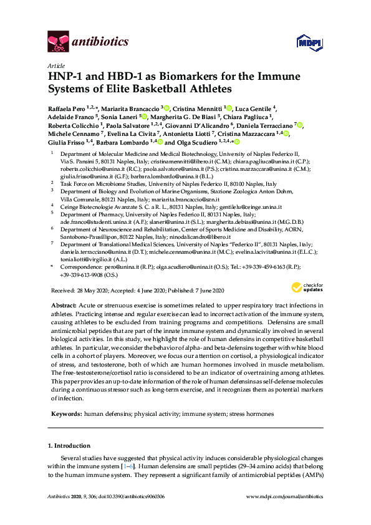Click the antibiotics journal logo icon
[59, 42]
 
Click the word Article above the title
[55, 65]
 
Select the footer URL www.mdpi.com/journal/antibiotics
[286, 513]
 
